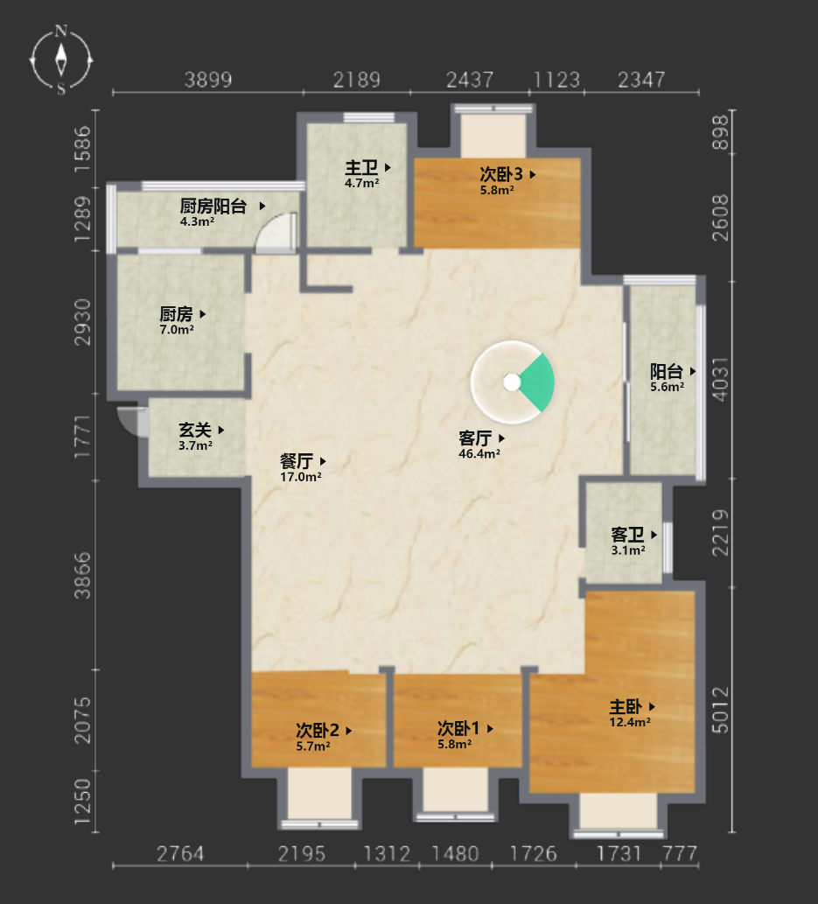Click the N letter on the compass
point(61,31)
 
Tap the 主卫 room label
point(361,168)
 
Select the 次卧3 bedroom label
point(501,173)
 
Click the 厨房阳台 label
point(213,206)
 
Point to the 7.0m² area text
point(177,330)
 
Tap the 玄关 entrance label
point(195,430)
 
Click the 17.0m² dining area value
point(300,477)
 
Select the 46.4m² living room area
point(479,453)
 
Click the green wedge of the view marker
point(537,382)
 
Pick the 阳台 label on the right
point(667,371)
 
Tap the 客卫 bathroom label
point(628,535)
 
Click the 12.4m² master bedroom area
point(630,722)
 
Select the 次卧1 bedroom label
point(458,728)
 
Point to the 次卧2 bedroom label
point(317,731)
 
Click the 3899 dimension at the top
point(208,80)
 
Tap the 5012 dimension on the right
point(721,710)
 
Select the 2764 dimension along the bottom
point(180,854)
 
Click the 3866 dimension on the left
point(82,575)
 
